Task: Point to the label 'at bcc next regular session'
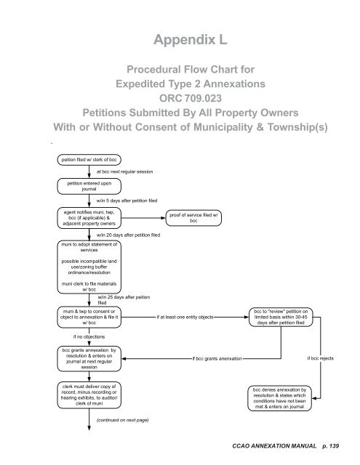[x=129, y=172]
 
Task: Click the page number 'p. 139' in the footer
[x=337, y=444]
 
